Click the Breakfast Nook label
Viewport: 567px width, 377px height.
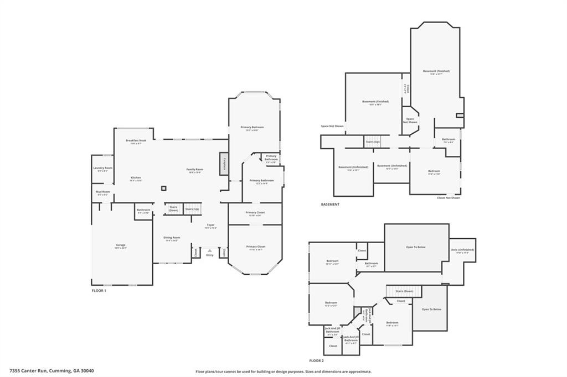[136, 141]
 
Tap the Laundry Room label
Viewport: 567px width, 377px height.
[102, 168]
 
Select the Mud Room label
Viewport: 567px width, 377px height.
[102, 192]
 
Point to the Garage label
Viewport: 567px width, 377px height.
[121, 245]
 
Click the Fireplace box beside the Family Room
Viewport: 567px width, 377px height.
[224, 164]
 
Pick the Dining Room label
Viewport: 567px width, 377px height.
[172, 238]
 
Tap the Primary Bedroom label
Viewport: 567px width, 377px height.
[252, 128]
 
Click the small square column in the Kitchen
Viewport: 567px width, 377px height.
[164, 188]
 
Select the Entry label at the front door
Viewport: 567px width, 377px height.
[209, 255]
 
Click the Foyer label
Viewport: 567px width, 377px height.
[210, 225]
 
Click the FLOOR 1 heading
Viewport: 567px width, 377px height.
[99, 290]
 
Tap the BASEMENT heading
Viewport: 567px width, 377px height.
[330, 205]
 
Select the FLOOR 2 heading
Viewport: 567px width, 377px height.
[316, 360]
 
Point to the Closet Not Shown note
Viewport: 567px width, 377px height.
[448, 197]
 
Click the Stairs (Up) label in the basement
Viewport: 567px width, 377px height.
[373, 142]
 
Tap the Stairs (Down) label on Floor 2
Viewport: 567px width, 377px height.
[404, 291]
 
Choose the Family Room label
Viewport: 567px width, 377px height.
[194, 169]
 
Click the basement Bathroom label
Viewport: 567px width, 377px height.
[449, 140]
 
